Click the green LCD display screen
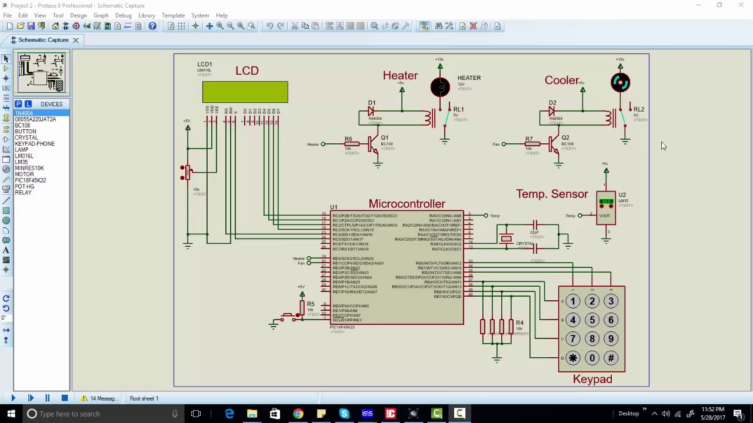(245, 92)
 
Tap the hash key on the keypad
(611, 358)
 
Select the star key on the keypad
(573, 358)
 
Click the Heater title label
(400, 76)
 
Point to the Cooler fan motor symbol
(620, 83)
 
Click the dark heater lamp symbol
(440, 88)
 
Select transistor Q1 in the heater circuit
(373, 145)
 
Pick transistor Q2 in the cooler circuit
(554, 145)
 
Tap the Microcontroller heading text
(407, 204)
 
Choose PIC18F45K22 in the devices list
(31, 180)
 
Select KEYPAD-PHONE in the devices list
(35, 144)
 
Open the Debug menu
(123, 15)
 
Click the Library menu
(146, 15)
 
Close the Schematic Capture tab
(75, 40)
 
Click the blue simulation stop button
(64, 398)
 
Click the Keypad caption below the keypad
(592, 380)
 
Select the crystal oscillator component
(507, 239)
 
